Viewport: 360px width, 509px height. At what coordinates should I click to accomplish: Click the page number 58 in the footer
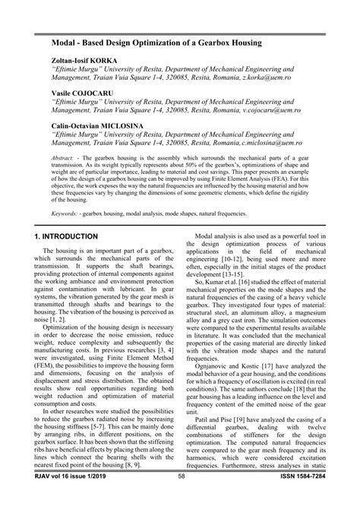[x=182, y=498]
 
